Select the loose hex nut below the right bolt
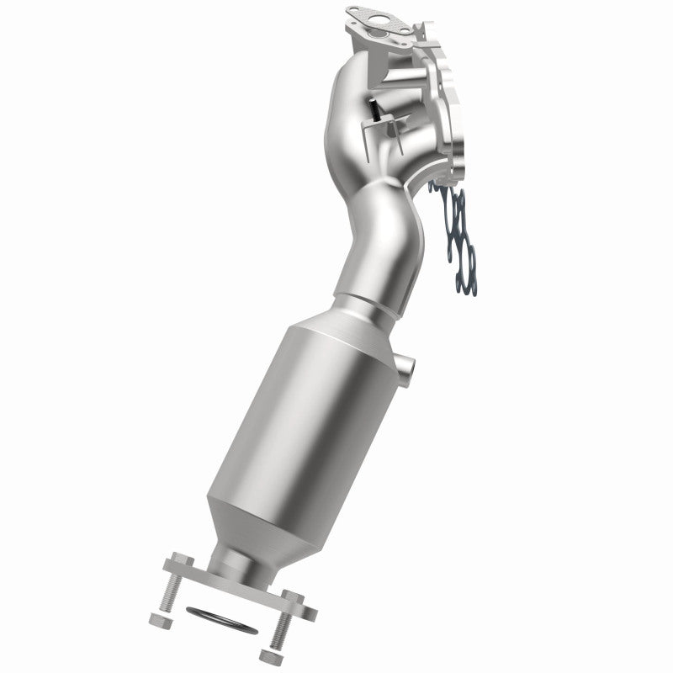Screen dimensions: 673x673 (x=268, y=653)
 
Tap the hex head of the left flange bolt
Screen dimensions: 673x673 (x=178, y=559)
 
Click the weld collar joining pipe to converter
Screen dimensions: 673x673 (x=363, y=300)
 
